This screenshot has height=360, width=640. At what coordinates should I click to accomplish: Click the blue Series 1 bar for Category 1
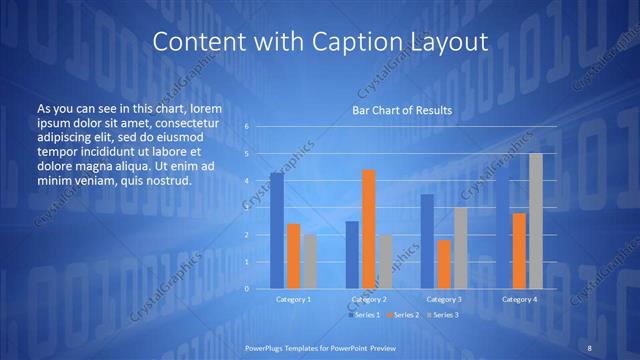[x=277, y=231]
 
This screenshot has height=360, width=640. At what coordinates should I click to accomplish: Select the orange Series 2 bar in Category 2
[x=369, y=229]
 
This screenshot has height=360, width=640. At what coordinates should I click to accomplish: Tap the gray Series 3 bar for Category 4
[x=536, y=221]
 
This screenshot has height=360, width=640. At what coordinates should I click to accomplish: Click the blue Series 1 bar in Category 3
[x=427, y=241]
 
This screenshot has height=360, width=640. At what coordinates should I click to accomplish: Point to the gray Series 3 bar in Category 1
[x=310, y=261]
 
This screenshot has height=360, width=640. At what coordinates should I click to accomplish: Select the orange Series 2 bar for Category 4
[x=519, y=251]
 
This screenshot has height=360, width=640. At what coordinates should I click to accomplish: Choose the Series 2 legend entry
[x=402, y=315]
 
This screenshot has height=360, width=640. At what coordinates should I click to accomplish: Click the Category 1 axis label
[x=293, y=299]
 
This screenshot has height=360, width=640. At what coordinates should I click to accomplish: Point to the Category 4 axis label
[x=519, y=299]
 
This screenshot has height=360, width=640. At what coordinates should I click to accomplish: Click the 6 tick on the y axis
[x=246, y=127]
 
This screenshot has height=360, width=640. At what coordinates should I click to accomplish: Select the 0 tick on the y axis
[x=246, y=288]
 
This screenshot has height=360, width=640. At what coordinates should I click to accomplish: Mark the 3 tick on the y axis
[x=246, y=208]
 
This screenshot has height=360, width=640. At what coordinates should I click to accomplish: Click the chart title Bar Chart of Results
[x=401, y=110]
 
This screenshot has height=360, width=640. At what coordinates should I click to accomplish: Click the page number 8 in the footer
[x=590, y=346]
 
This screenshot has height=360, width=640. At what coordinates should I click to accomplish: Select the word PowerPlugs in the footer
[x=269, y=346]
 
